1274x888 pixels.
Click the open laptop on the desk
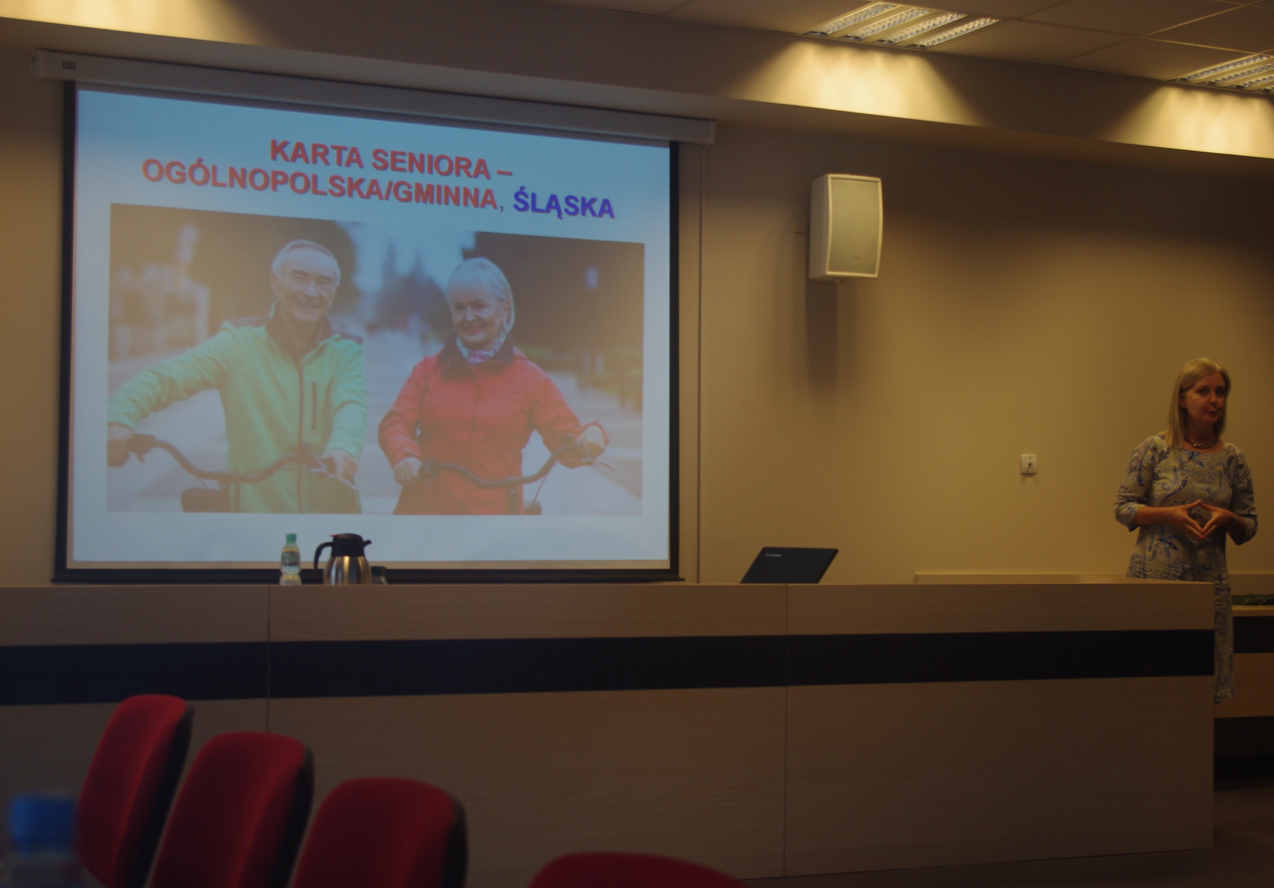[789, 565]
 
